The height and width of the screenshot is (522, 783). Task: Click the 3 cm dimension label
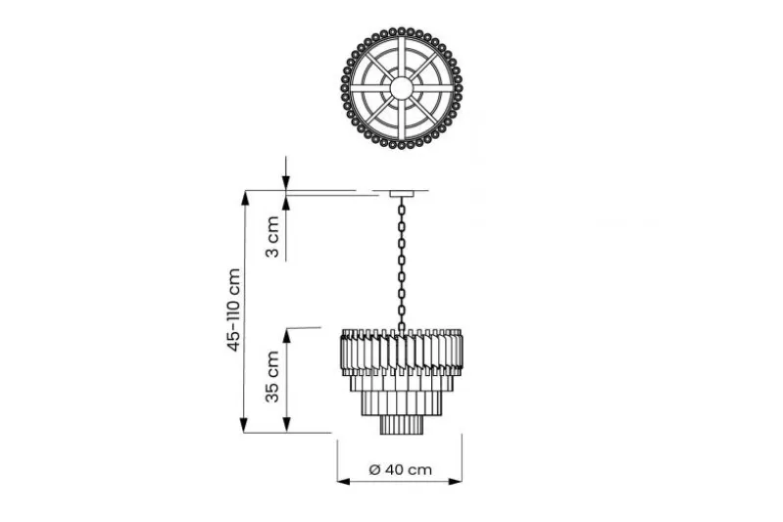[x=272, y=237]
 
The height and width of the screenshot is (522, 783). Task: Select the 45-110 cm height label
[x=233, y=309]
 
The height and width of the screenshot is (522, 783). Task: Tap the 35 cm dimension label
[x=272, y=377]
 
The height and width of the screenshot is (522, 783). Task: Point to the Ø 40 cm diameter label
[x=400, y=469]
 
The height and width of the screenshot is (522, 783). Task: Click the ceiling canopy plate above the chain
[x=402, y=193]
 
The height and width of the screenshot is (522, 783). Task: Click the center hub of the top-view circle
[x=402, y=88]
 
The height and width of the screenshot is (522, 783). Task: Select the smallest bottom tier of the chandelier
[x=402, y=424]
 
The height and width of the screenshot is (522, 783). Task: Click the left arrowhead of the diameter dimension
[x=344, y=481]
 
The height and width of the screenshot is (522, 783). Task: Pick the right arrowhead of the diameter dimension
[x=456, y=481]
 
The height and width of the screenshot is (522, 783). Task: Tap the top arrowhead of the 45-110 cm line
[x=244, y=198]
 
